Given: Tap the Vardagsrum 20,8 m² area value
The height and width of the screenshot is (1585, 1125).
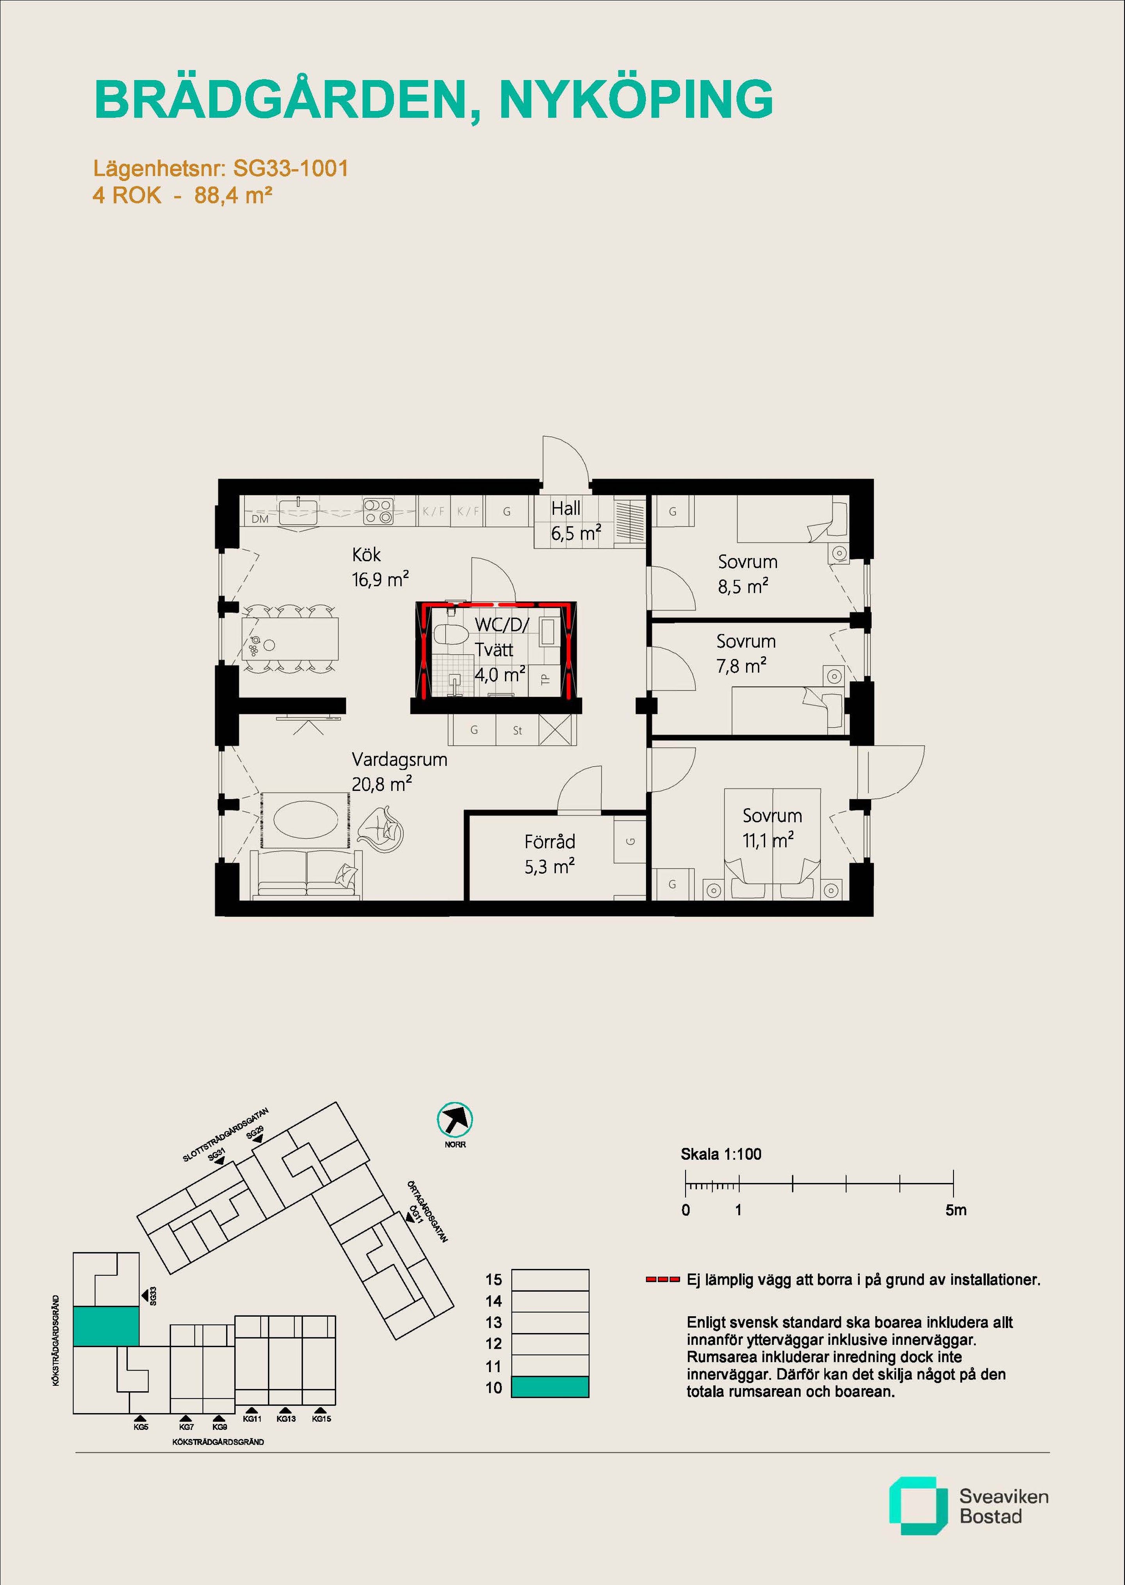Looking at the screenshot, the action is pos(382,784).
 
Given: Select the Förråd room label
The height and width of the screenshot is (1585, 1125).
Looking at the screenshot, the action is pos(549,842).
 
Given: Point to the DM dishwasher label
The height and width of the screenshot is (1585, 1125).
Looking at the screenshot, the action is pos(260,519).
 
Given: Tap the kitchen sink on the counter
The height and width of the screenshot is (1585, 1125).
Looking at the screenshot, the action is pos(298,511).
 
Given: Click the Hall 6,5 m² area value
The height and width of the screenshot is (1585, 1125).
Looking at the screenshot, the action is pos(576,534).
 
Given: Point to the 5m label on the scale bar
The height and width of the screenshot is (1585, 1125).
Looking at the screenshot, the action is pos(955,1210).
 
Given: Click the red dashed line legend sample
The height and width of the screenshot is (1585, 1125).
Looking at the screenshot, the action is pos(662,1280).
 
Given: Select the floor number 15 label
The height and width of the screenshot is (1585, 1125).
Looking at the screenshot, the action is pos(493,1280).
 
